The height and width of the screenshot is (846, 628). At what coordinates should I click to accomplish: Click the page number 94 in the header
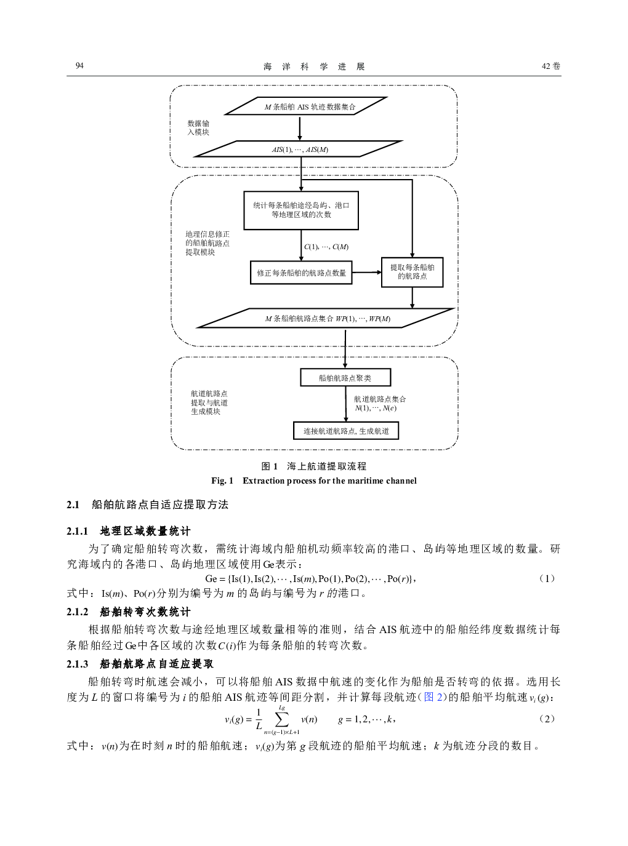click(79, 66)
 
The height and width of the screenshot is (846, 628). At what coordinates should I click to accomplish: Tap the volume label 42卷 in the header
click(551, 66)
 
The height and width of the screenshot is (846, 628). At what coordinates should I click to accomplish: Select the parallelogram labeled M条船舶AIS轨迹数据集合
click(306, 106)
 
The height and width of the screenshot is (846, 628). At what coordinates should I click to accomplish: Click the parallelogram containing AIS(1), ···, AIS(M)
click(299, 149)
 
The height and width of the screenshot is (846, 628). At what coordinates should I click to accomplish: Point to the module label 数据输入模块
click(198, 128)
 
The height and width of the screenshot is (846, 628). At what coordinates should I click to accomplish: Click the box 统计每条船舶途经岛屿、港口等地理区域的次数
click(301, 210)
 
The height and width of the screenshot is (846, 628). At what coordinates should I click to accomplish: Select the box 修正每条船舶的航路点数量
click(301, 273)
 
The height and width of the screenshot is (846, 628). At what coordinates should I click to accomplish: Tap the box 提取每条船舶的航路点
click(413, 272)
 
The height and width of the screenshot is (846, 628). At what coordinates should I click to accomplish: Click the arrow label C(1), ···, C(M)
click(326, 247)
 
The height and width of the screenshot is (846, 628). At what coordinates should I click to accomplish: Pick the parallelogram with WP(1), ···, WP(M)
click(326, 318)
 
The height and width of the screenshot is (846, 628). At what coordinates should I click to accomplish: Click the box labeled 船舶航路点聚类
click(345, 377)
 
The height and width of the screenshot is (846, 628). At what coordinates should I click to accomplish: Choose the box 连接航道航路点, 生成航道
click(346, 431)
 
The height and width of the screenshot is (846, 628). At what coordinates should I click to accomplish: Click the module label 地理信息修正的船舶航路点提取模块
click(207, 244)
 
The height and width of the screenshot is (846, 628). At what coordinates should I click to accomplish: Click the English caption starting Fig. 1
click(314, 481)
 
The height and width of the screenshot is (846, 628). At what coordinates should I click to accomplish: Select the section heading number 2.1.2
click(77, 612)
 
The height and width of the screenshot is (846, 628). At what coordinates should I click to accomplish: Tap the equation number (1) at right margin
click(547, 578)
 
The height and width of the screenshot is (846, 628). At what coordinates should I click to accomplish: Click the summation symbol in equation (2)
click(282, 720)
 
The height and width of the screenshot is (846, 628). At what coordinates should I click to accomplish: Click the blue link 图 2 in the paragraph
click(433, 697)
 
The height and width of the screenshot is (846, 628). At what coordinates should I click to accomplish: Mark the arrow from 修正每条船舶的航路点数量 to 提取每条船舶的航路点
click(367, 273)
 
